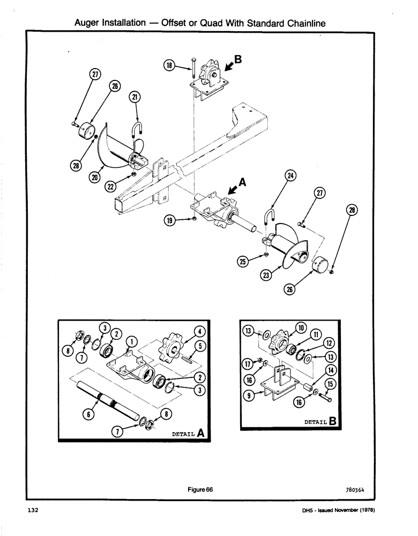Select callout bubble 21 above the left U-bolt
pyautogui.click(x=133, y=97)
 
